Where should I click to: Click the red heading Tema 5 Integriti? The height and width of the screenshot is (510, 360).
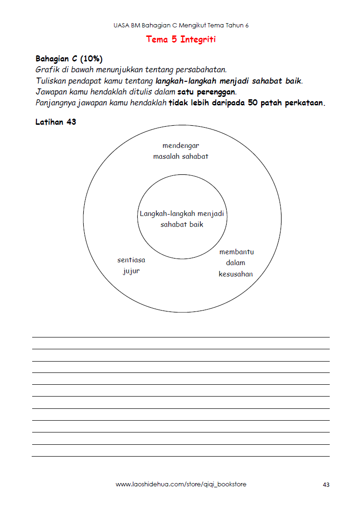181,39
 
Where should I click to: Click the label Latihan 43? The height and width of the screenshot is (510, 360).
56,122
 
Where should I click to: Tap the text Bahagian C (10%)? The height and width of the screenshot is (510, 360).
69,59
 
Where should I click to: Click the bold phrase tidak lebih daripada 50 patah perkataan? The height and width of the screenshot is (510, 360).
247,103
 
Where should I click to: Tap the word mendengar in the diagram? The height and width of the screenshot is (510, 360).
181,146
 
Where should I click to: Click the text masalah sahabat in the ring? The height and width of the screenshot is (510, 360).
181,156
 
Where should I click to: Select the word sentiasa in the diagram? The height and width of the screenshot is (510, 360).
132,260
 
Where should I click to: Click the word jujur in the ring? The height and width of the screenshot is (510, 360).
132,271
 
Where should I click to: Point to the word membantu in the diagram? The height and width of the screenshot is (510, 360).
237,252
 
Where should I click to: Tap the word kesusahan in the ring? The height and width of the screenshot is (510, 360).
236,274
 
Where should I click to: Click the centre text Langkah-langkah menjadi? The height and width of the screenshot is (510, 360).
182,214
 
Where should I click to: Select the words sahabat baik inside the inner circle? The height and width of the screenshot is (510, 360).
182,225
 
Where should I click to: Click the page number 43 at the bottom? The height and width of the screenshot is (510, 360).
326,484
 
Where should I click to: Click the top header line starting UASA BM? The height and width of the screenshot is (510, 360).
181,26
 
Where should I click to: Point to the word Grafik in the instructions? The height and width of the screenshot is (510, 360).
46,69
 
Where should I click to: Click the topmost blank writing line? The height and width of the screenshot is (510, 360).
181,337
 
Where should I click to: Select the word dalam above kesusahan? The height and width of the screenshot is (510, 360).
236,263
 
